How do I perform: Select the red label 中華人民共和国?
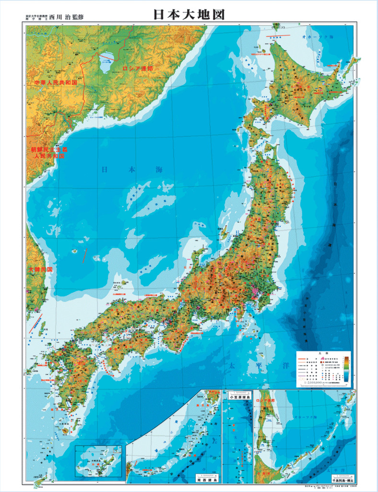pos(56,83)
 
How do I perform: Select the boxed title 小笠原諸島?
pos(237,397)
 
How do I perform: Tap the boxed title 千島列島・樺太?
pos(342,479)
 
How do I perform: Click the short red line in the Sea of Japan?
pos(85,253)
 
